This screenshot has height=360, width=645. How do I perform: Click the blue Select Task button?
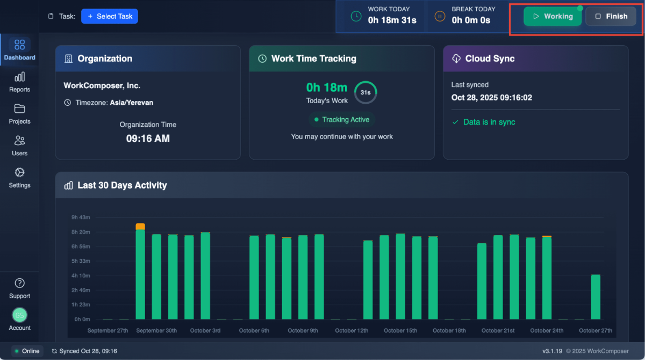point(110,17)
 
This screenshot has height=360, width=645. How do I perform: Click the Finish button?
point(611,16)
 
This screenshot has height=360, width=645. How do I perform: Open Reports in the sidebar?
point(19,82)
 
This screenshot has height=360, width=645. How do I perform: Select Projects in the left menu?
point(19,114)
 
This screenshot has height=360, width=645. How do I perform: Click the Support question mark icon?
point(19,283)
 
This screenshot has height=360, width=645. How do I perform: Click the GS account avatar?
point(19,315)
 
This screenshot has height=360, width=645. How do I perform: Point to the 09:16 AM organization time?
point(148,139)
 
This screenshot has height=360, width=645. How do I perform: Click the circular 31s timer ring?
point(365,92)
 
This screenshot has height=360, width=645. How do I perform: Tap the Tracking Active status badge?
point(342,120)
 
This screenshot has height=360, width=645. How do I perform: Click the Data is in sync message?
point(489,123)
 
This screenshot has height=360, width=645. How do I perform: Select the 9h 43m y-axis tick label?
point(81,218)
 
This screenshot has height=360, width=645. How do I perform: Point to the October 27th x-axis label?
point(596,330)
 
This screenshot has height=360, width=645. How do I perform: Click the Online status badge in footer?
point(27,351)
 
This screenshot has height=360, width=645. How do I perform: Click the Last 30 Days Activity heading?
point(122,185)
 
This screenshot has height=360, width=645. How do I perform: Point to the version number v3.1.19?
point(552,351)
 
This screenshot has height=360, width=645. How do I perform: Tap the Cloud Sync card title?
point(490,59)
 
